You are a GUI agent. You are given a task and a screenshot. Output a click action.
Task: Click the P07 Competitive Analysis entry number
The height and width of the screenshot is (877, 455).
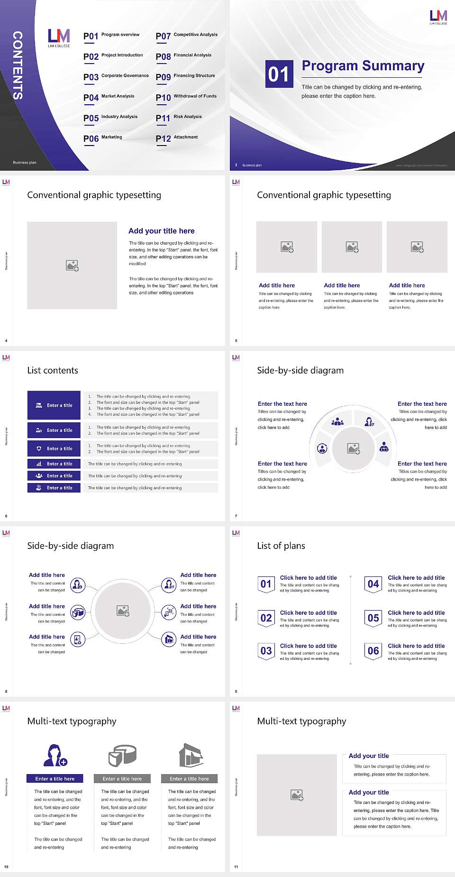click(x=163, y=36)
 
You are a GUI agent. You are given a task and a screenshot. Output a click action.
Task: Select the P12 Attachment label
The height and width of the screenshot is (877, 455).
click(x=186, y=137)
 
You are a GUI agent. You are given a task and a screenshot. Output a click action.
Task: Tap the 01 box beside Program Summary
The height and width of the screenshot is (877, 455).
click(x=278, y=74)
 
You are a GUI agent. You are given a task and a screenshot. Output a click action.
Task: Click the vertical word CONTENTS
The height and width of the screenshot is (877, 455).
click(x=18, y=65)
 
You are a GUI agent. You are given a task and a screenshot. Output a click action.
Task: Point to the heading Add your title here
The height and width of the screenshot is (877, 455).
click(x=161, y=231)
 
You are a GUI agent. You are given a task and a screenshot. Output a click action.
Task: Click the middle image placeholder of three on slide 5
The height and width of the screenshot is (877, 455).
click(x=352, y=247)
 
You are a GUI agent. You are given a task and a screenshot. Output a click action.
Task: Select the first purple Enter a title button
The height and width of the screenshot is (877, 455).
click(x=54, y=405)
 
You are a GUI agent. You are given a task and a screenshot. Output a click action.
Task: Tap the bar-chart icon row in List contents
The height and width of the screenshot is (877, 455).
click(x=54, y=464)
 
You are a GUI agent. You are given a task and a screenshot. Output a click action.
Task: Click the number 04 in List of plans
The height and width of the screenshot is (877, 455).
click(x=373, y=584)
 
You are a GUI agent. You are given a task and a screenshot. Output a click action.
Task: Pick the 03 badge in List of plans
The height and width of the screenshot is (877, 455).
click(x=266, y=651)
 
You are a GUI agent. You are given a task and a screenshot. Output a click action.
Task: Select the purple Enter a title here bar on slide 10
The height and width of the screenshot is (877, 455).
click(x=55, y=778)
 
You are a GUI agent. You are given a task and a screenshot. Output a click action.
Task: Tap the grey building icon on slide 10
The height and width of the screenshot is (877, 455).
click(x=191, y=755)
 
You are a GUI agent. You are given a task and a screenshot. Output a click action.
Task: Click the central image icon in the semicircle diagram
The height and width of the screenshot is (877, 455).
click(x=354, y=448)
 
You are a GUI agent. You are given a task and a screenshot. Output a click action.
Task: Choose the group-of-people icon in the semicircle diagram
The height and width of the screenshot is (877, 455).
click(x=337, y=421)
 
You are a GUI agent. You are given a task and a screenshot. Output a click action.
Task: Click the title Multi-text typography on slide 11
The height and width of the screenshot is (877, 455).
click(x=301, y=721)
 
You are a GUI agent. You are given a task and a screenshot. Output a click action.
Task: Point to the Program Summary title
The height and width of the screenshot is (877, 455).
click(x=363, y=66)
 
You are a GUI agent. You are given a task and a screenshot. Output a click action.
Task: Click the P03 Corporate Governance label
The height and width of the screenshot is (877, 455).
click(x=125, y=75)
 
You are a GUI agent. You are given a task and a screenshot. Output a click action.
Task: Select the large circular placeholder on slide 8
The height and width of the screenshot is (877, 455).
click(x=123, y=611)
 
